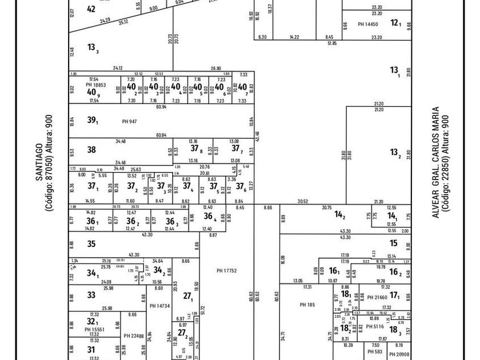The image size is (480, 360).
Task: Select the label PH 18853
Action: click(95, 84)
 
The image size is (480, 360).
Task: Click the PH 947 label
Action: click(130, 121)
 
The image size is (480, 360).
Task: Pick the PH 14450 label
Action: click(368, 25)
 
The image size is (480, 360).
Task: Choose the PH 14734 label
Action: click(160, 306)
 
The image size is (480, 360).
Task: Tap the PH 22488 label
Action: click(134, 336)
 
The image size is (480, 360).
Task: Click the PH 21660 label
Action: click(377, 297)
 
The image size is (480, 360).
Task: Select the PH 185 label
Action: click(307, 305)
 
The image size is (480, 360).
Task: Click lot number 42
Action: click(91, 9)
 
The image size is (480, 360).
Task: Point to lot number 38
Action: click(91, 150)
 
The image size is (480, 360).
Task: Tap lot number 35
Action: click(91, 243)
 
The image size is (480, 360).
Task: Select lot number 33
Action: click(91, 295)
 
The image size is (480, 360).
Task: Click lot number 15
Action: click(394, 243)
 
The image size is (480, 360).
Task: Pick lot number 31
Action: click(91, 349)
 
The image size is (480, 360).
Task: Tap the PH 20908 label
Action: click(399, 354)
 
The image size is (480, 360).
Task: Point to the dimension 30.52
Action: click(303, 201)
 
